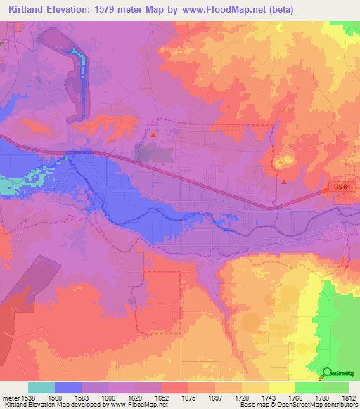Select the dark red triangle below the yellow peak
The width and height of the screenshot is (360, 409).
(283, 181)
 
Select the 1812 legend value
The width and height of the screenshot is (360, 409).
(349, 398)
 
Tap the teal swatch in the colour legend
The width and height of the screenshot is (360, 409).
(41, 387)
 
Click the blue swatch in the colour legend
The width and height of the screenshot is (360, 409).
(68, 387)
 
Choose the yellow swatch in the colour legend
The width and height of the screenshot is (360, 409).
(281, 387)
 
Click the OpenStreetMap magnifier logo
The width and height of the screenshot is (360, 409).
(327, 372)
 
